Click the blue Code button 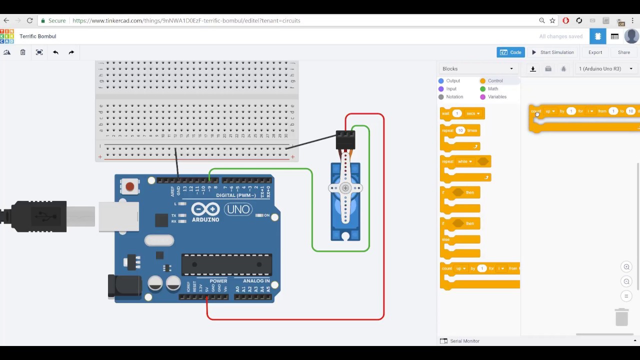[510, 52]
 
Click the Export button [595, 52]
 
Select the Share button [623, 52]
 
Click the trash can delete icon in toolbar [23, 52]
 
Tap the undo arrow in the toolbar [55, 52]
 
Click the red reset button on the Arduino [130, 186]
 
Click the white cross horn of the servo [345, 188]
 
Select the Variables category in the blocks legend [496, 96]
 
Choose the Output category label [453, 80]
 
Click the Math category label [492, 88]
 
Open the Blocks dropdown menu [477, 68]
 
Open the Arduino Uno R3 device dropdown [605, 68]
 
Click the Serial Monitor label [464, 341]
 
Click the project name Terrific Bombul [38, 36]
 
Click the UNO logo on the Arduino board [238, 209]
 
